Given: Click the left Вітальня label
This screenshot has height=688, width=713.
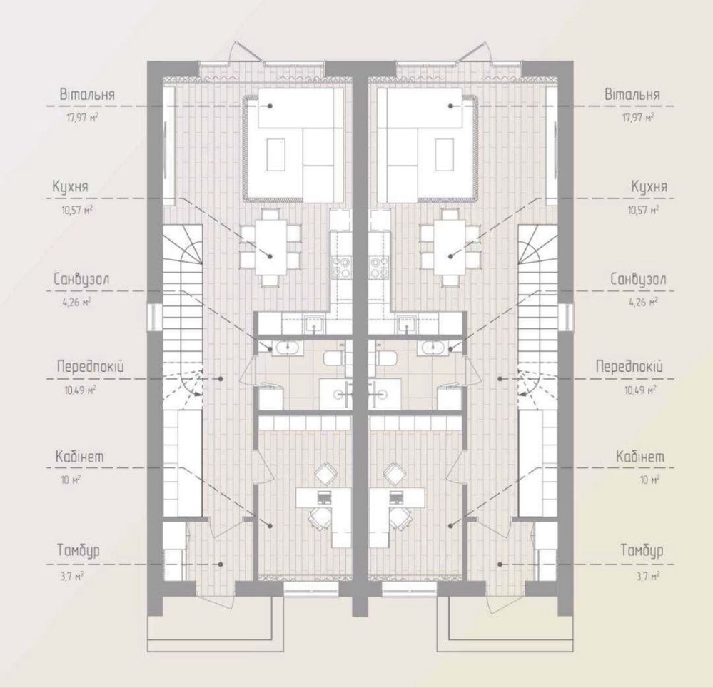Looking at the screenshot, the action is [x=87, y=95].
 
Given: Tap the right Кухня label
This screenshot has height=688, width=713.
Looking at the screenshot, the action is [x=649, y=187].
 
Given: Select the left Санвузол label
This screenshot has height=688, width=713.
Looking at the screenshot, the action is [x=81, y=279].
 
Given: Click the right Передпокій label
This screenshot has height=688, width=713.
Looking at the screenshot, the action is [x=629, y=366].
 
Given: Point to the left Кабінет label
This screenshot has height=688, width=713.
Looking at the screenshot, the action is [x=79, y=456].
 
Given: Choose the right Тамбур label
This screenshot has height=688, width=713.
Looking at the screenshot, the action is [x=642, y=550].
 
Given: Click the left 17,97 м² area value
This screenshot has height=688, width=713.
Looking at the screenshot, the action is [x=83, y=118].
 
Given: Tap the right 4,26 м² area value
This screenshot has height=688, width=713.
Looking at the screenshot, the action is [x=644, y=301].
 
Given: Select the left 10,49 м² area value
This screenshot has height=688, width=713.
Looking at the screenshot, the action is [x=80, y=390].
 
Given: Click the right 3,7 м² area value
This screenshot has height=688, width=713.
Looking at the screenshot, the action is [x=648, y=576].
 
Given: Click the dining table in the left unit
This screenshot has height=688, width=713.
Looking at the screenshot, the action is [x=270, y=247].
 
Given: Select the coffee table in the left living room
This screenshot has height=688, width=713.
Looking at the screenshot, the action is [x=276, y=155].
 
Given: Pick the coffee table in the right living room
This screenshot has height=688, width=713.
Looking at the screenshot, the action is [x=444, y=155].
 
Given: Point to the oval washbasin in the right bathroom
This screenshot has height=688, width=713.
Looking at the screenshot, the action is [x=434, y=348].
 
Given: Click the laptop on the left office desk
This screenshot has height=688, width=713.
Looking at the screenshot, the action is [x=325, y=497].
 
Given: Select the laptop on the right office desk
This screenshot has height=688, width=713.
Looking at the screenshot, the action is [x=395, y=497].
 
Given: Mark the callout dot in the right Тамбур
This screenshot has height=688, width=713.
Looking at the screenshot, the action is [x=500, y=565].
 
